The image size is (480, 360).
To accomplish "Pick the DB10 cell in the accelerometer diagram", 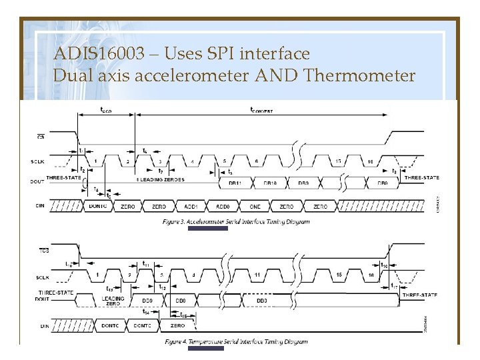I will pyautogui.click(x=270, y=183).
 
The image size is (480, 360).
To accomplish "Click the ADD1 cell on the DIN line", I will pyautogui.click(x=191, y=207).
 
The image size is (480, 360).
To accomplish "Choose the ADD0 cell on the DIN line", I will pyautogui.click(x=223, y=207).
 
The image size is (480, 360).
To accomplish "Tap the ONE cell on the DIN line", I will pyautogui.click(x=255, y=207).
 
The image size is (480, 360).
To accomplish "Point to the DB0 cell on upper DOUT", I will pyautogui.click(x=383, y=183).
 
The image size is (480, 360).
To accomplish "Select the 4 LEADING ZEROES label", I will pyautogui.click(x=160, y=179).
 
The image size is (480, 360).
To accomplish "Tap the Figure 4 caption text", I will pyautogui.click(x=237, y=342).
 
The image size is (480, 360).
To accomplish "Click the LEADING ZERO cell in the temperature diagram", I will pyautogui.click(x=113, y=301).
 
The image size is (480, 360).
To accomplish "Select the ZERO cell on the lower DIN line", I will pyautogui.click(x=177, y=325).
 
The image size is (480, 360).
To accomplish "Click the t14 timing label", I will pyautogui.click(x=147, y=311).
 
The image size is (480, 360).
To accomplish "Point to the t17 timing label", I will pyautogui.click(x=395, y=286).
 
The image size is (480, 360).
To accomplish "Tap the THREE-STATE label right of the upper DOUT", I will pyautogui.click(x=421, y=177).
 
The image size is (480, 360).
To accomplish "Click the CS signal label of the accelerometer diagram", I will pyautogui.click(x=41, y=137).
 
